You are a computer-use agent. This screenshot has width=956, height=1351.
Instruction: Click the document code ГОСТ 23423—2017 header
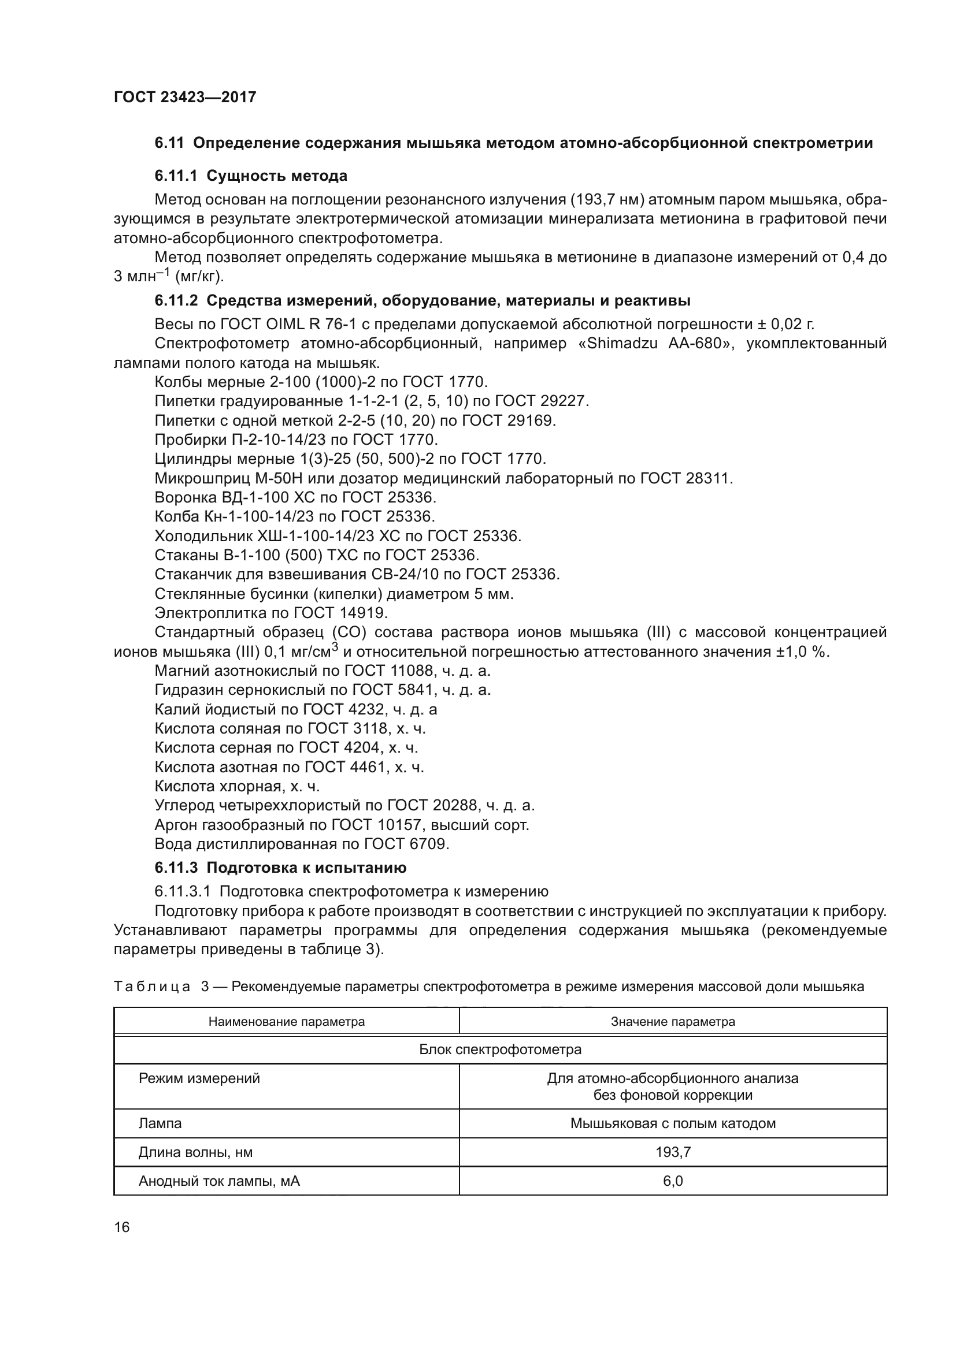point(185,97)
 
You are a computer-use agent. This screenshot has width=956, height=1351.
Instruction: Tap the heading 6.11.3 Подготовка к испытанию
point(280,868)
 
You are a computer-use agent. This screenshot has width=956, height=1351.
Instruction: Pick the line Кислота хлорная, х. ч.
point(236,786)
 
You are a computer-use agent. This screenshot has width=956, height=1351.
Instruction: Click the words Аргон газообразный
point(223,825)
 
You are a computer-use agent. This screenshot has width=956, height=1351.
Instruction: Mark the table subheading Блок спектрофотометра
point(500,1049)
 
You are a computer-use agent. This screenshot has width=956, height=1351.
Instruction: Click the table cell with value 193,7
point(673,1152)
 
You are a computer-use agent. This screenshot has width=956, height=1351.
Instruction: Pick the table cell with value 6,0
point(673,1181)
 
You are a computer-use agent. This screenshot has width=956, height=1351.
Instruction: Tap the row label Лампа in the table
point(160,1123)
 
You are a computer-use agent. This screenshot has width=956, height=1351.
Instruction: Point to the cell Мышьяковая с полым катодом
point(672,1123)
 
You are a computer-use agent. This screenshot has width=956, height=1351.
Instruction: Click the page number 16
point(122,1227)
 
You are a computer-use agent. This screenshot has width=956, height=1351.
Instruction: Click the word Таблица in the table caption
point(152,987)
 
